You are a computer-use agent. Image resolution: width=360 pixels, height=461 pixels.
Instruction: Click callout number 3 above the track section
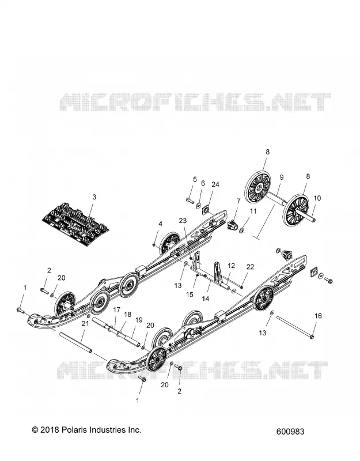tap(94, 197)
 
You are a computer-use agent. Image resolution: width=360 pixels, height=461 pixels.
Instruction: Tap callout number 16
tap(319, 316)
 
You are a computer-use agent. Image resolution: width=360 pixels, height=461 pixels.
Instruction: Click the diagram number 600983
tap(290, 432)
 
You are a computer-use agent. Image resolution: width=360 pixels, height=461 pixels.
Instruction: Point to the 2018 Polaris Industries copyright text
tap(86, 430)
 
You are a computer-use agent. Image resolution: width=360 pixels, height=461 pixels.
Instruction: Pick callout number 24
tap(215, 184)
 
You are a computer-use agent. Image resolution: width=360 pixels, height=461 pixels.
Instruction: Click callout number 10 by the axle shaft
tap(317, 198)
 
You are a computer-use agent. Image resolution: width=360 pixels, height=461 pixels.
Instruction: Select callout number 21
tap(85, 324)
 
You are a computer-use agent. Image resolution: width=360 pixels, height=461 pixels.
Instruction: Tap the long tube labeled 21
tap(76, 342)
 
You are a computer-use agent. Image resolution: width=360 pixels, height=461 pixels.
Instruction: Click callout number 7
tap(238, 201)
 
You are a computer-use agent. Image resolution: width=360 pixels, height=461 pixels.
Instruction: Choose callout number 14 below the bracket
tap(206, 298)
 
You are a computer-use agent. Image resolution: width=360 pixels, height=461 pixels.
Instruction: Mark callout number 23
tap(183, 221)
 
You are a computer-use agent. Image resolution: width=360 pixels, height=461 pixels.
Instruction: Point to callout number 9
tap(282, 177)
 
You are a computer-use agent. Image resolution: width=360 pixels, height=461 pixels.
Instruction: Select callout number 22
tap(250, 267)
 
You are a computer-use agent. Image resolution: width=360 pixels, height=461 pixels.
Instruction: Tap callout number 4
tap(160, 224)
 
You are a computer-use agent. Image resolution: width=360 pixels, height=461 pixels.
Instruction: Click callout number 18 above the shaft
tap(127, 314)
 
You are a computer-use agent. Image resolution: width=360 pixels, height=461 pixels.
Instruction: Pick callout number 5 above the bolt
tap(195, 179)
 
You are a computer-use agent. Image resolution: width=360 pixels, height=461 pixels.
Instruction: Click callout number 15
tap(190, 294)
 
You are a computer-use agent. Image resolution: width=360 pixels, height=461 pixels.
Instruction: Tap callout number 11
tap(253, 211)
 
